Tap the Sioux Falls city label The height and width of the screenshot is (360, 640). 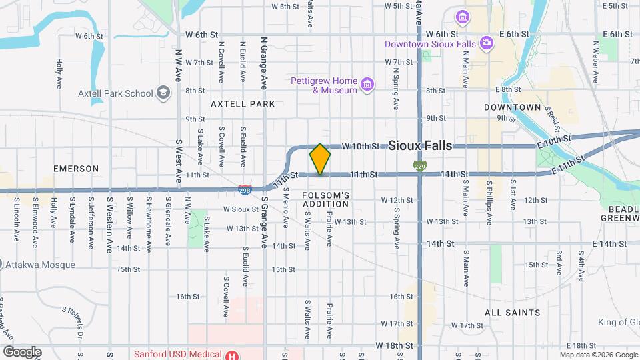coord(419,145)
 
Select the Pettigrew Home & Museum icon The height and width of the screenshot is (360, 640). coord(367,85)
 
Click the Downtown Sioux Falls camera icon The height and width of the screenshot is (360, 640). coord(487,43)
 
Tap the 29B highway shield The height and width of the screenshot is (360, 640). coord(245,189)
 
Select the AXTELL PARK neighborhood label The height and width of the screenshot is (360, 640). coord(243,104)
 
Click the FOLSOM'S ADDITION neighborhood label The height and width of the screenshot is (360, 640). coord(325,199)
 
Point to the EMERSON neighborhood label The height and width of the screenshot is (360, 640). coord(76,169)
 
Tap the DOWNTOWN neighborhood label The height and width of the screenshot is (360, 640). coord(512,107)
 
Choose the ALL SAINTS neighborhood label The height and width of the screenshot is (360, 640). coord(513,312)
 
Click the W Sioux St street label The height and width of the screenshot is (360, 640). coord(240,209)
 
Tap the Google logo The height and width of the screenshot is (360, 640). coord(22,351)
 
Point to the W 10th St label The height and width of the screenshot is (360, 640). coord(361,146)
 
